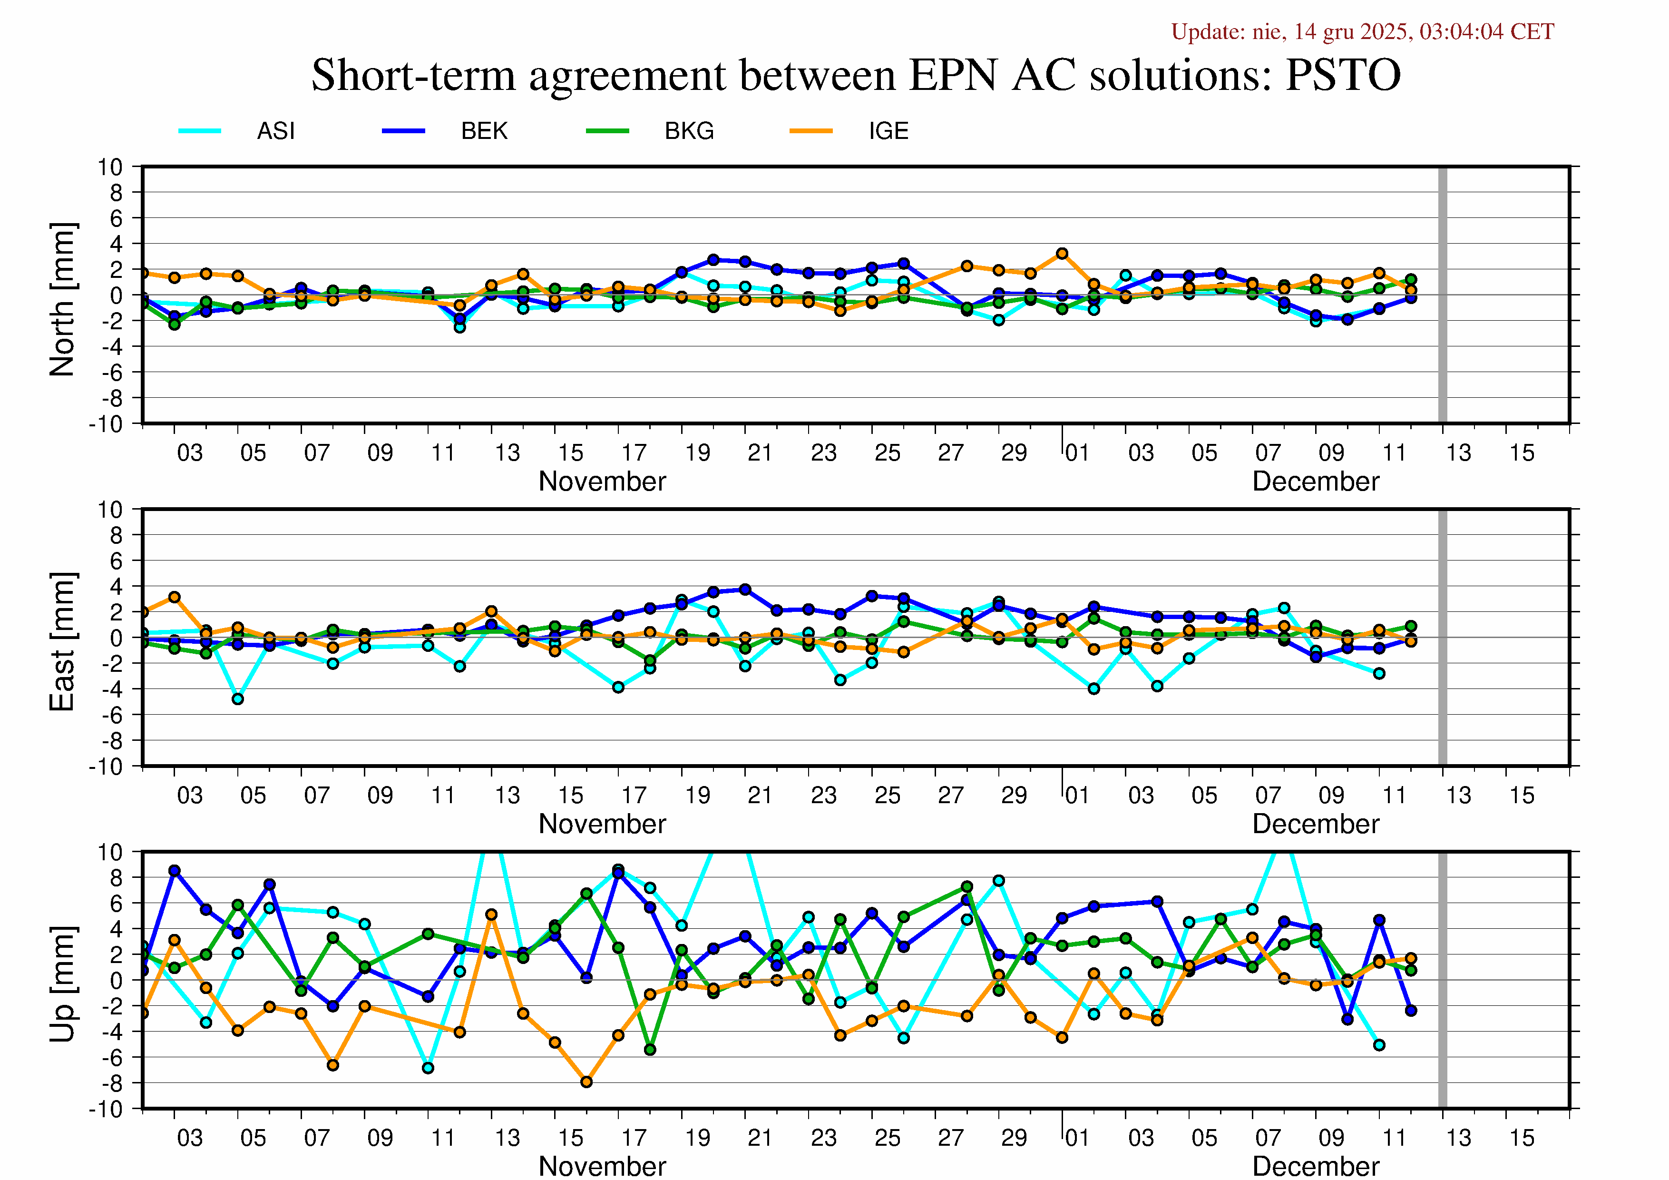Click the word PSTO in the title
[1343, 75]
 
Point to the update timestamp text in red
[1362, 32]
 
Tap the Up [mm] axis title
[62, 983]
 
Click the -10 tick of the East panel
[106, 767]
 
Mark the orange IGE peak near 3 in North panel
[1062, 254]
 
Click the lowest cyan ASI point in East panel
[238, 698]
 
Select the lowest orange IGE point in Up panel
[586, 1082]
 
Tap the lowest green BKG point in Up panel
[650, 1050]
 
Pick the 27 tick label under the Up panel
[950, 1138]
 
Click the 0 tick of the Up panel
[117, 980]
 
